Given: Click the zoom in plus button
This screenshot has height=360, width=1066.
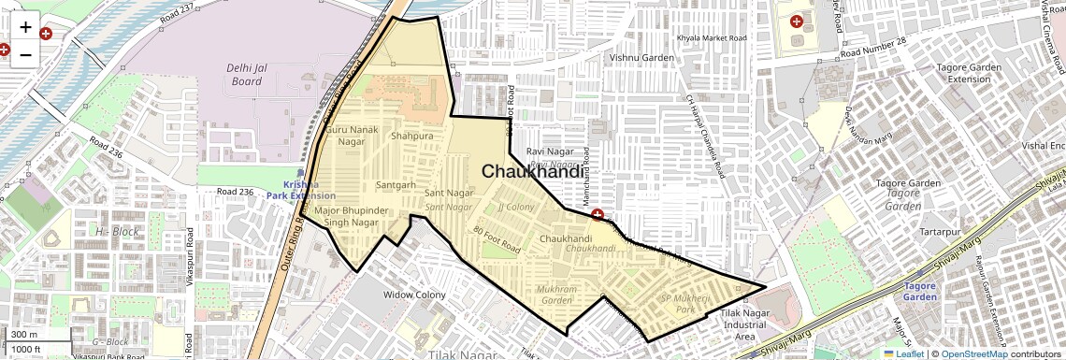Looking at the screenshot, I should (25, 26).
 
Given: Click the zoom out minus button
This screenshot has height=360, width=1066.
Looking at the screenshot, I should (25, 53).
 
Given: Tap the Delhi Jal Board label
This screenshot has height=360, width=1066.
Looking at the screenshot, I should (248, 74).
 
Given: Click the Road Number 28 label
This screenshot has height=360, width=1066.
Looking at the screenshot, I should (873, 53).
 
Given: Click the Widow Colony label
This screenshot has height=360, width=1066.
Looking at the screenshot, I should (415, 295).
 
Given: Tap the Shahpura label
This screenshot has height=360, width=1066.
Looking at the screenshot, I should (412, 137).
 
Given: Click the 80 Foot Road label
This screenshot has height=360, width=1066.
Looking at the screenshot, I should (497, 241).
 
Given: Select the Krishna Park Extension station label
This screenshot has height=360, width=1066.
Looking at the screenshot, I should (300, 190).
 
